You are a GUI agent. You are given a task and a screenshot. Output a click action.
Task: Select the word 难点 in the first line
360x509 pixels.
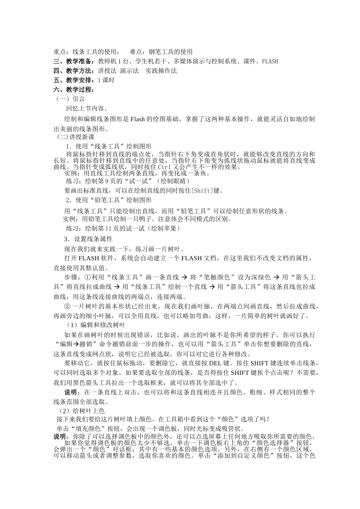tap(136, 52)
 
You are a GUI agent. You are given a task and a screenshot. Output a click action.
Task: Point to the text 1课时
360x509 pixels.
tap(106, 80)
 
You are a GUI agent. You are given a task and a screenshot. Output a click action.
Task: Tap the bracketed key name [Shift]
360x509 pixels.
tap(203, 190)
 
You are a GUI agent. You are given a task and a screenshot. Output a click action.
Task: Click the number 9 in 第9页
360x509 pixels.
tap(107, 181)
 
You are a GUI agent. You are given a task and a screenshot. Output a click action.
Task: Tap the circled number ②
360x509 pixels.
tap(67, 306)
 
